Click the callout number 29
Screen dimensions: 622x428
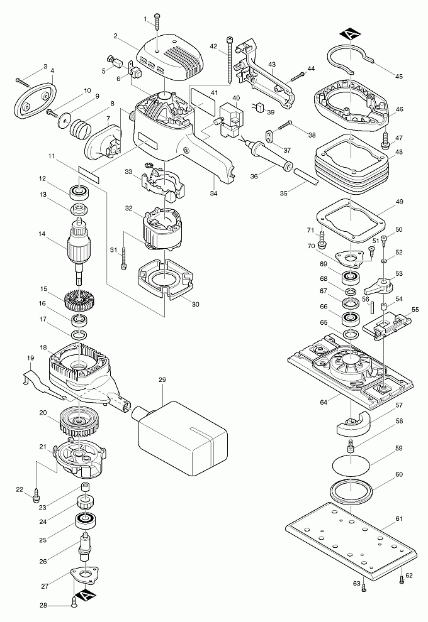(x=162, y=380)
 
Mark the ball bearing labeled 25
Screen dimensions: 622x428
(x=82, y=520)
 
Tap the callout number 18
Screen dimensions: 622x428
(x=43, y=347)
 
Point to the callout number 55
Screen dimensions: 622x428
(x=415, y=310)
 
